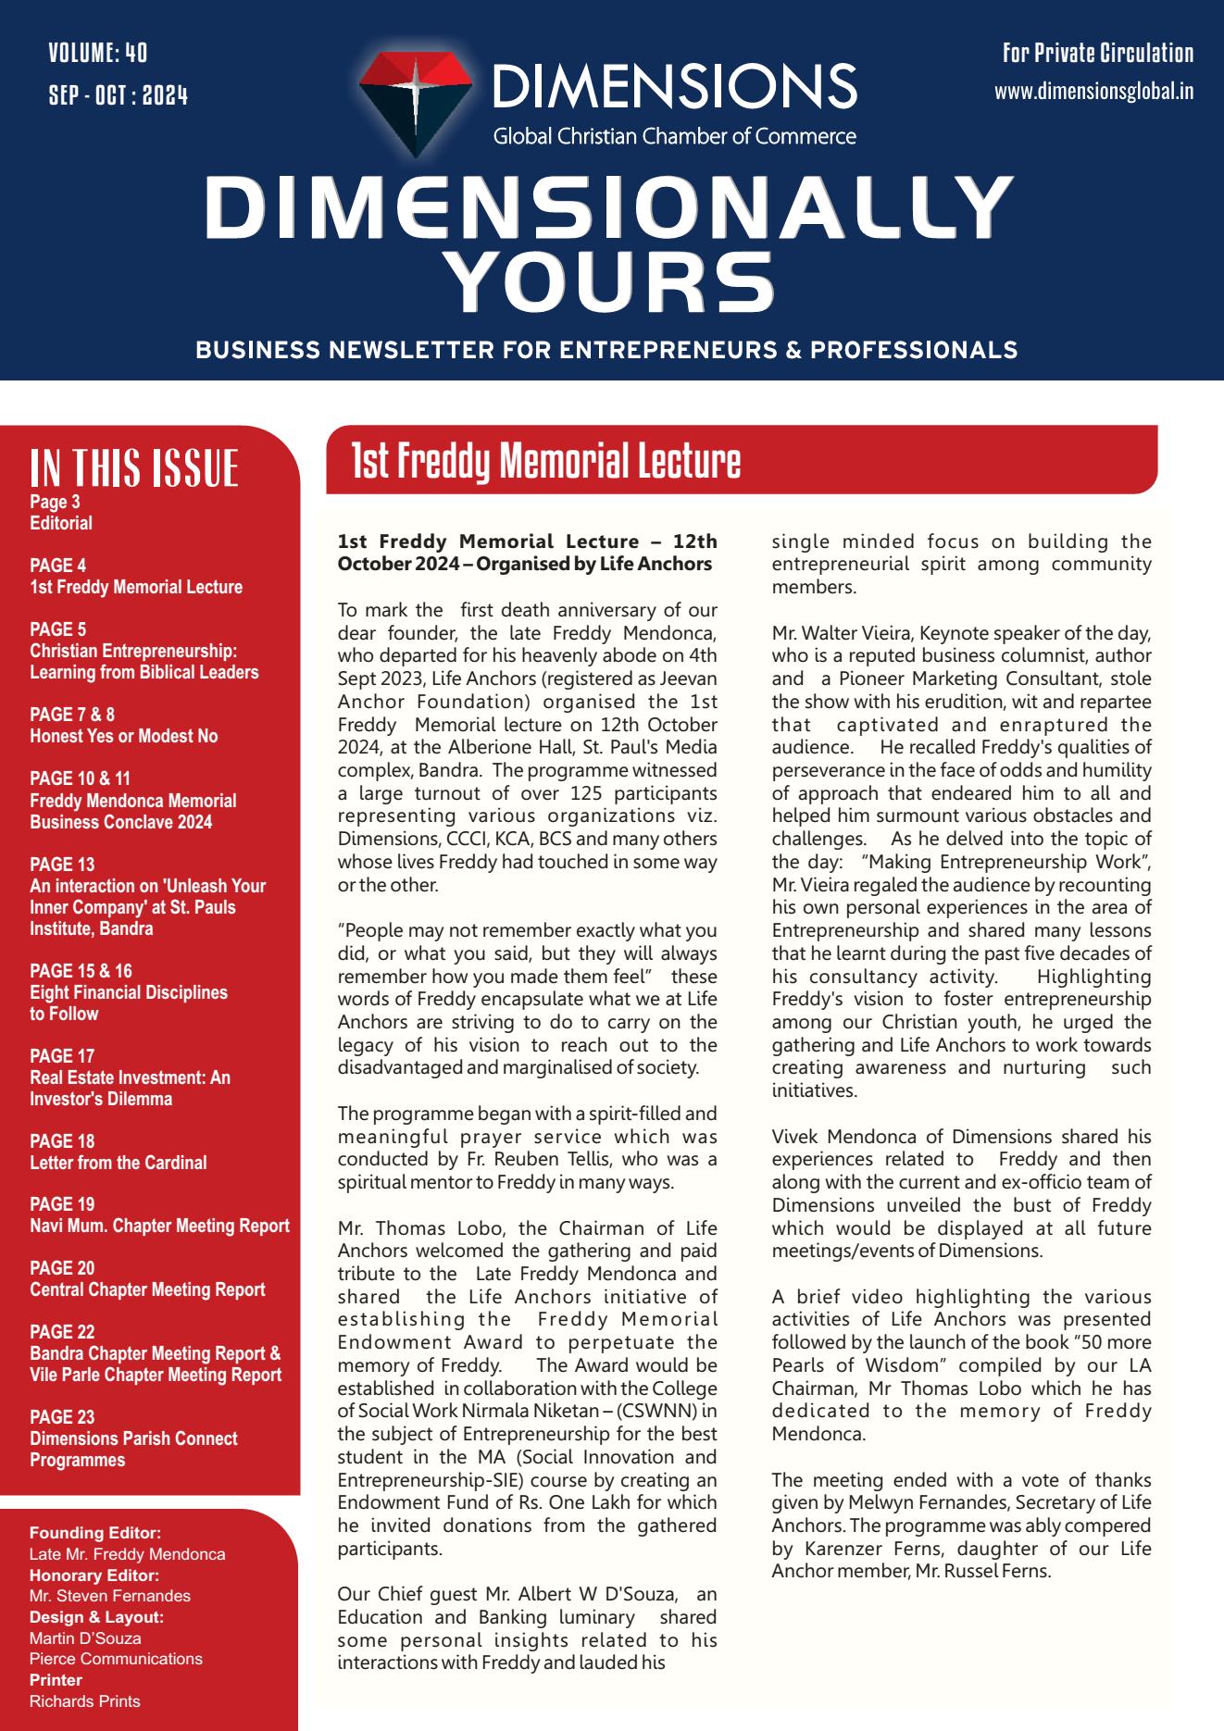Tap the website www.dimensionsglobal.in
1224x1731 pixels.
coord(1093,92)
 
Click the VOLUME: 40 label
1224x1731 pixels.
coord(97,53)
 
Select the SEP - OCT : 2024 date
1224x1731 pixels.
coord(118,94)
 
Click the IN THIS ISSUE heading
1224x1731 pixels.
coord(134,467)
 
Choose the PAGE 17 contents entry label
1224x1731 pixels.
coord(62,1055)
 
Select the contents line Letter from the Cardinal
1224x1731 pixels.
coord(118,1163)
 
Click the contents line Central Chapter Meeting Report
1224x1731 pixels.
coord(147,1289)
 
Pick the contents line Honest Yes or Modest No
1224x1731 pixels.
coord(123,736)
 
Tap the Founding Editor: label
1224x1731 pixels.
coord(82,1533)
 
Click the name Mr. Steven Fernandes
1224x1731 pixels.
coord(110,1596)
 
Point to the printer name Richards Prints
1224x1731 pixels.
coord(84,1700)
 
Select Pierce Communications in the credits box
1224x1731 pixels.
coord(116,1659)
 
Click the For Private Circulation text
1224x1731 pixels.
coord(1097,54)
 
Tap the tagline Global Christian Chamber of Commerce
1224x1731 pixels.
coord(674,137)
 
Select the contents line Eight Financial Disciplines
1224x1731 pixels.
coord(128,992)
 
